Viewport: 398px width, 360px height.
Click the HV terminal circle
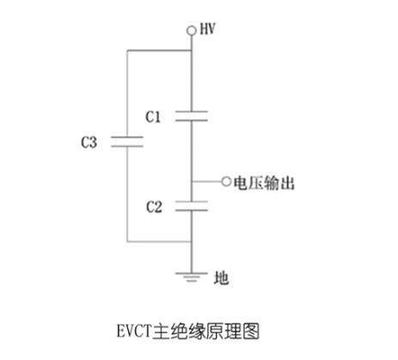coord(192,30)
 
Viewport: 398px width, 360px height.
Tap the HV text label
coord(207,29)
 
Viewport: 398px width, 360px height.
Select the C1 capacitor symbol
coord(192,116)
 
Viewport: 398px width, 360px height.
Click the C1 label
coord(153,117)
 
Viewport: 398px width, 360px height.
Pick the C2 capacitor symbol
coord(192,206)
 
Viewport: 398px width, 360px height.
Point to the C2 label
coord(154,207)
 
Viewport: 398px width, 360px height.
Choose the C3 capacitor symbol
coord(127,142)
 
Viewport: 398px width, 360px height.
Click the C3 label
coord(89,142)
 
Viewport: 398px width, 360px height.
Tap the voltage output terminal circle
coord(226,181)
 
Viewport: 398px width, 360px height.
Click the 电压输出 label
coord(264,183)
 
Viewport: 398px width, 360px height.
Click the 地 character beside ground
coord(221,278)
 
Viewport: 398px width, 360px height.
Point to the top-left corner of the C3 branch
coord(127,51)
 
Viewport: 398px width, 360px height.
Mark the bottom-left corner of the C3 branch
coord(127,241)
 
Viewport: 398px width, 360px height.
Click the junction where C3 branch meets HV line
coord(192,51)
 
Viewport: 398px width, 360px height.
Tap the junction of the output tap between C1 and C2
coord(192,181)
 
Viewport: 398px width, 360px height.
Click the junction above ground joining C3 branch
coord(192,241)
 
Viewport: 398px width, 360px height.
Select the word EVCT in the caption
coord(134,331)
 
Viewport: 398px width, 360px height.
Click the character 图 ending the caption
coord(251,331)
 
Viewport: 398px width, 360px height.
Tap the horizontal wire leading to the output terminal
coord(206,181)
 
